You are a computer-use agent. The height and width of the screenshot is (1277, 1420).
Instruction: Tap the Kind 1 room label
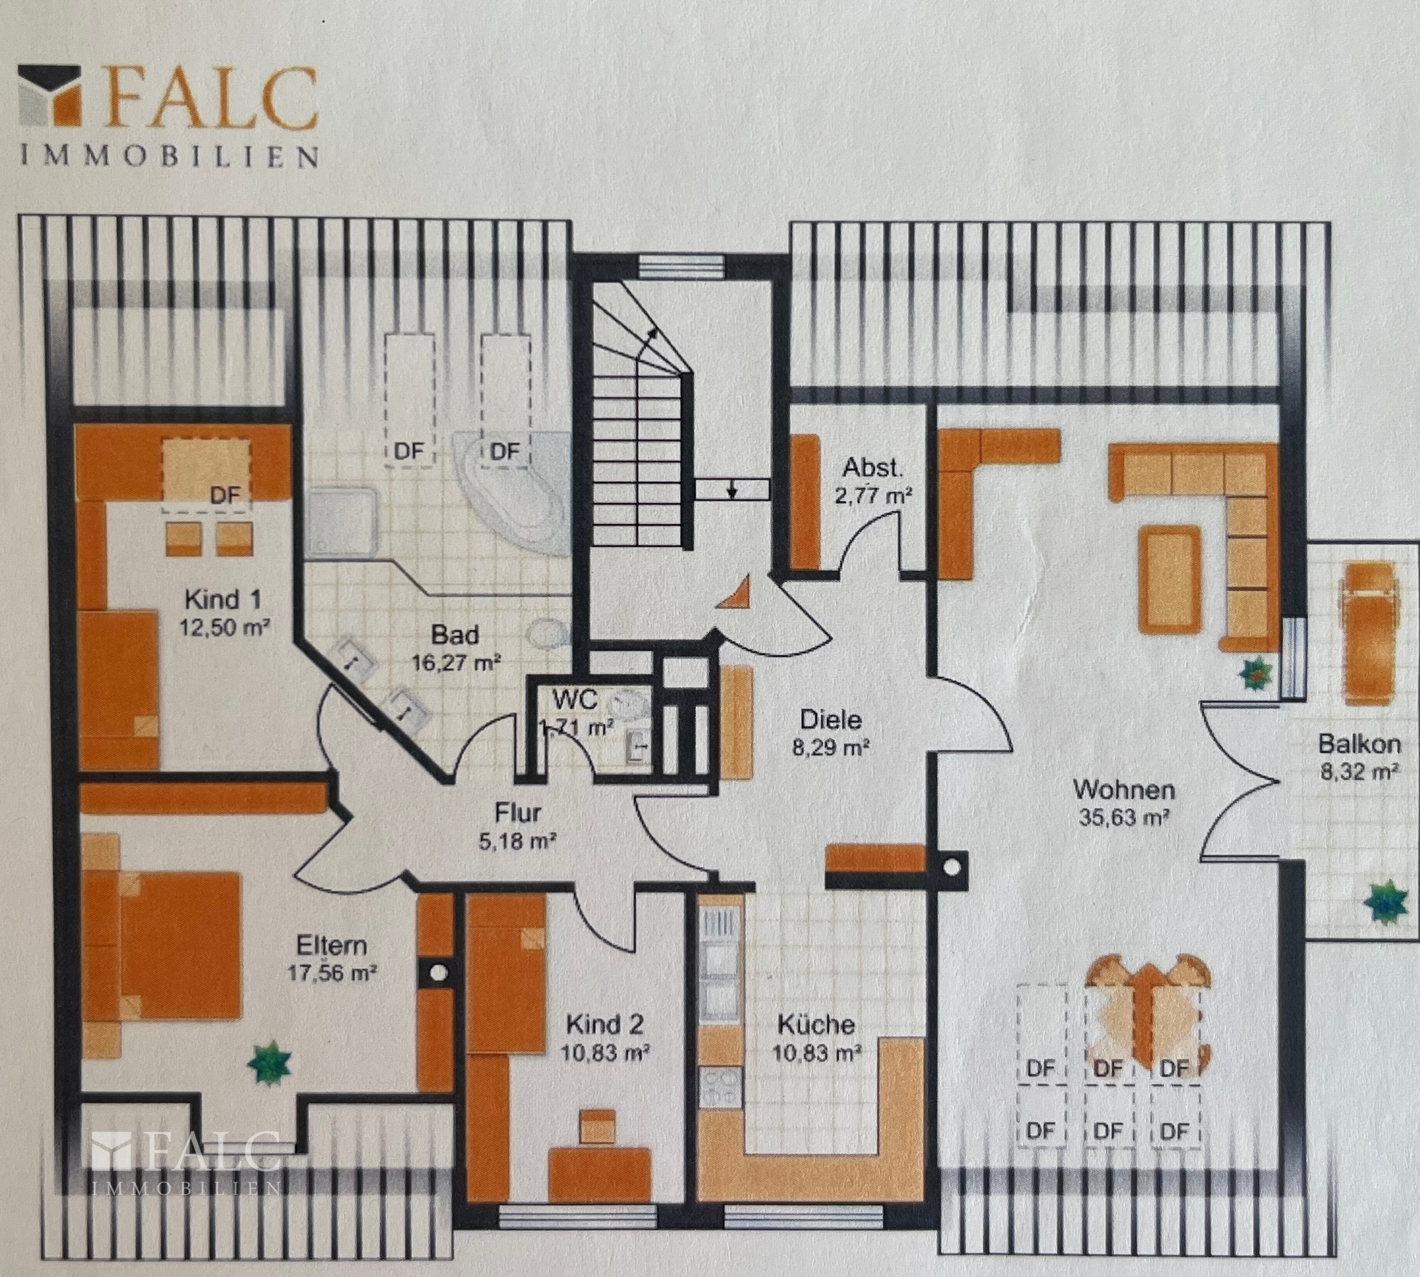(x=223, y=600)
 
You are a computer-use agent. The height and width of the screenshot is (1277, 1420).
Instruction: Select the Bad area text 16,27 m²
(x=456, y=662)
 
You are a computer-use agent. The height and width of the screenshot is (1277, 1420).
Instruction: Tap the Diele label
(x=830, y=719)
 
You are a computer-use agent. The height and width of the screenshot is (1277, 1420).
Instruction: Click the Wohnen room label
(x=1124, y=790)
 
